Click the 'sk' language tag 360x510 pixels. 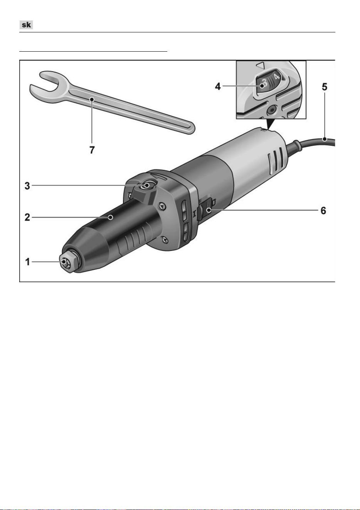[26, 25]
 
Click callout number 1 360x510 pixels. [27, 262]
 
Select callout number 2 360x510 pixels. [27, 217]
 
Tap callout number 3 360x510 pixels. [27, 186]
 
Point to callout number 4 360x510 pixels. [218, 86]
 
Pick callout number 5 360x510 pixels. [325, 87]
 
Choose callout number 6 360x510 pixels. [323, 210]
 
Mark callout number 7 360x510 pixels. [92, 150]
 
